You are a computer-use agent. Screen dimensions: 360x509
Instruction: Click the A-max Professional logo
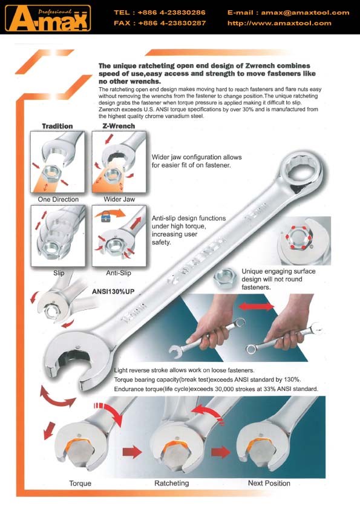tap(48, 18)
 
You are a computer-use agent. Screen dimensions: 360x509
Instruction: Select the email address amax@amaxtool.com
tap(305, 13)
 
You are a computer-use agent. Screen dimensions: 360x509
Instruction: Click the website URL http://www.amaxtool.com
tap(279, 23)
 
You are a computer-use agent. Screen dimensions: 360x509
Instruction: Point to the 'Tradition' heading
tap(57, 126)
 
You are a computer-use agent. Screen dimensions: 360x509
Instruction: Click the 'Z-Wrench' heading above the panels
tap(119, 126)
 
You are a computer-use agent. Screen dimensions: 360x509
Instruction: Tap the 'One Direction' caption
tap(58, 199)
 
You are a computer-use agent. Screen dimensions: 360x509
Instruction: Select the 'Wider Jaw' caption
tap(119, 199)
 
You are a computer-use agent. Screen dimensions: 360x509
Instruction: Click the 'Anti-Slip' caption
tap(119, 273)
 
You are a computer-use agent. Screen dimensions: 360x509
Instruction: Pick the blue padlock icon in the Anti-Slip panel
tap(106, 216)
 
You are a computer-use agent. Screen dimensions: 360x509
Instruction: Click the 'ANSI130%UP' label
tap(113, 292)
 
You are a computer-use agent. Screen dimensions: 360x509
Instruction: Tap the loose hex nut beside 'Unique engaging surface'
tap(224, 278)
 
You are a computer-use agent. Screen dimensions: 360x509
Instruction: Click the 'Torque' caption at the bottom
tap(80, 484)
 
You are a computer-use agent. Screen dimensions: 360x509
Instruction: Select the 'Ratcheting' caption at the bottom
tap(171, 483)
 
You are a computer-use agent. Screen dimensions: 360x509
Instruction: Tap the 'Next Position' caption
tap(269, 483)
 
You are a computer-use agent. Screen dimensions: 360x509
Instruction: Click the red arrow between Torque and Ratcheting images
tap(132, 452)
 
